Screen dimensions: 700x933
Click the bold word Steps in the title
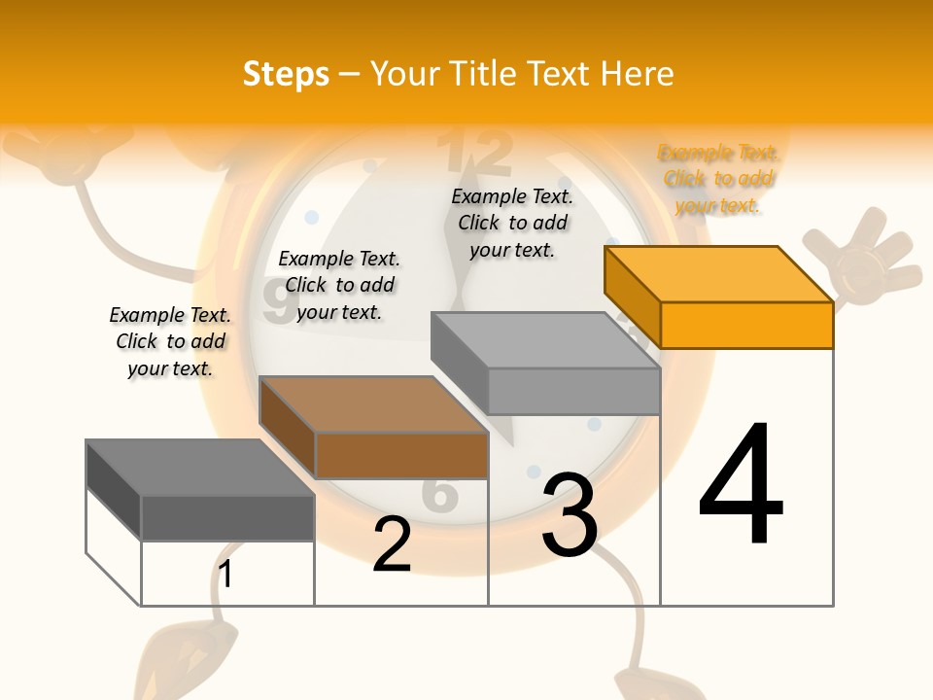click(x=286, y=74)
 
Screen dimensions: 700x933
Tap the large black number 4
click(x=741, y=486)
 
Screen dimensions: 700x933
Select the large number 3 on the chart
click(x=570, y=515)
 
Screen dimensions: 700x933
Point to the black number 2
click(x=392, y=544)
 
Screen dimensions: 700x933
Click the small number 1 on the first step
click(x=225, y=575)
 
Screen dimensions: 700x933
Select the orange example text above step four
click(x=718, y=179)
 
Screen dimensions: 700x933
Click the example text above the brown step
click(x=339, y=285)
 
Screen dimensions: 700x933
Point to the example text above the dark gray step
click(x=170, y=341)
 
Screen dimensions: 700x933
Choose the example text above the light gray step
click(x=512, y=223)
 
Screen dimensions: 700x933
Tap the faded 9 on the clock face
click(x=275, y=303)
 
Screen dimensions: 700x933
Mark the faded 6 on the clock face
click(x=440, y=494)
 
